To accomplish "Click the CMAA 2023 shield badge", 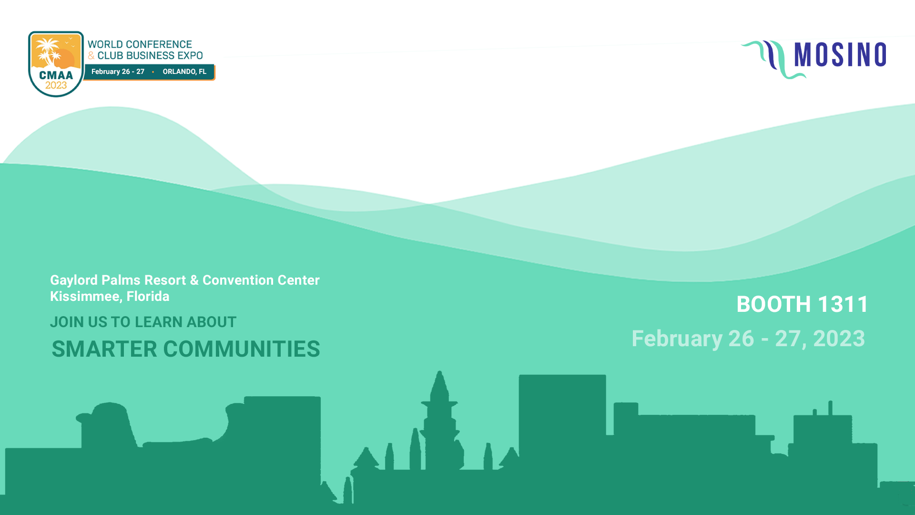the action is tap(56, 64).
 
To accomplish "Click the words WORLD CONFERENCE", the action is tap(140, 44).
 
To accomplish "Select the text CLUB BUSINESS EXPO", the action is tap(150, 56).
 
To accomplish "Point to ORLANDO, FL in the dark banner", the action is tap(184, 72).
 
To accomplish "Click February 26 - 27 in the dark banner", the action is tap(118, 72).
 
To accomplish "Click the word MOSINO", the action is tap(840, 54).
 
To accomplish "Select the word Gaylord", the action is tap(74, 280).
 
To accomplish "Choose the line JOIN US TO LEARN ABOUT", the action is tap(143, 322).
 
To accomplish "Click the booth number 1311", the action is tap(843, 304).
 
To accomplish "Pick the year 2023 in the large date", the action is tap(839, 339).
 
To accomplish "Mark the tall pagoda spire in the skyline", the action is tap(439, 420).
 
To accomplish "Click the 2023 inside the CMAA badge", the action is tap(56, 86).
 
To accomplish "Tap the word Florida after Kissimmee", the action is tap(148, 296).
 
